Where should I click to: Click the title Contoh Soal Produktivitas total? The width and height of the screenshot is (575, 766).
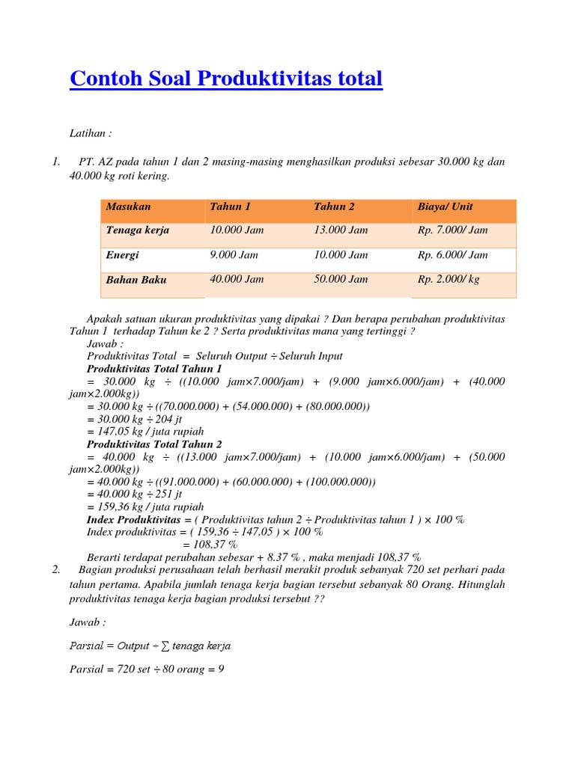click(225, 79)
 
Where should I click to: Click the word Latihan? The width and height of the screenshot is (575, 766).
click(90, 133)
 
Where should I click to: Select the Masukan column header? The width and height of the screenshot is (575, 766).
click(128, 206)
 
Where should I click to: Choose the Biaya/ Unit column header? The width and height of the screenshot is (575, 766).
click(445, 206)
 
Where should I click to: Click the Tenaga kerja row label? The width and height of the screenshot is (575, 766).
click(138, 230)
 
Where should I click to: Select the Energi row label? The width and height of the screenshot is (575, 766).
click(122, 255)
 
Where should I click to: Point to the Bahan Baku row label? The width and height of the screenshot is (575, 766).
click(136, 280)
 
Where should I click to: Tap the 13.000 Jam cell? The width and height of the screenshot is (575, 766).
click(341, 230)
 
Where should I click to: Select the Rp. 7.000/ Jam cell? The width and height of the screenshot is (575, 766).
click(453, 230)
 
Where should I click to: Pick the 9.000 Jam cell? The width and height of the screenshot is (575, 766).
click(234, 255)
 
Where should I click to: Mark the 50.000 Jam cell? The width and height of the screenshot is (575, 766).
click(341, 279)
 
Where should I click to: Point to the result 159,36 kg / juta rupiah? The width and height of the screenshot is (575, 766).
click(150, 506)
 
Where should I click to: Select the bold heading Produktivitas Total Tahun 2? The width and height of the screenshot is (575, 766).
click(155, 444)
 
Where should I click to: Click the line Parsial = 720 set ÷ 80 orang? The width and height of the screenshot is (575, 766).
click(147, 670)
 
